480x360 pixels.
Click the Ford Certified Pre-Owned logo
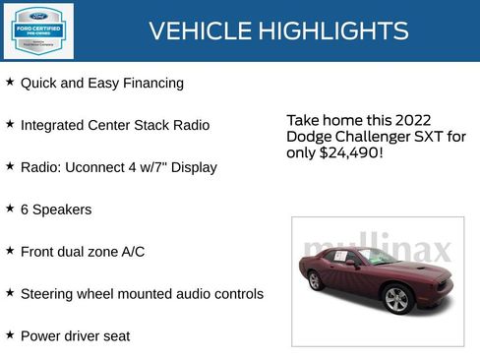pyautogui.click(x=38, y=30)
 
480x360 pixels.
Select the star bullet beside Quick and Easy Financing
pyautogui.click(x=10, y=83)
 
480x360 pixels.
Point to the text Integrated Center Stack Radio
pyautogui.click(x=114, y=126)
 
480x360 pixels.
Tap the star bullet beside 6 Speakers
pyautogui.click(x=10, y=209)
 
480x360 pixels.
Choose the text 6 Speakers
pyautogui.click(x=56, y=210)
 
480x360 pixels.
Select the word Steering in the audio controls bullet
pyautogui.click(x=47, y=294)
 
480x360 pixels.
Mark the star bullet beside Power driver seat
pyautogui.click(x=10, y=334)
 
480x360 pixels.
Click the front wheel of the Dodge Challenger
pyautogui.click(x=396, y=299)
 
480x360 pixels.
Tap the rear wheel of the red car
pyautogui.click(x=315, y=280)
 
